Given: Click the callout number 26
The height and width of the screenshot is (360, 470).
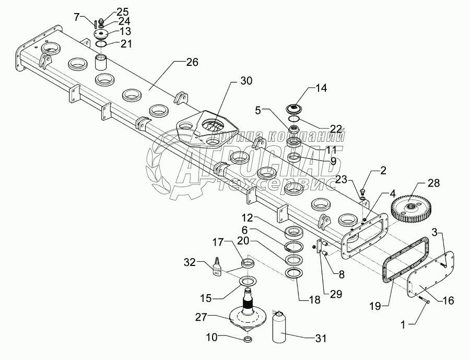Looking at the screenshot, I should pos(192,62).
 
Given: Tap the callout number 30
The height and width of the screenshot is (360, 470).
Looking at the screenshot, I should pos(246,81).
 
